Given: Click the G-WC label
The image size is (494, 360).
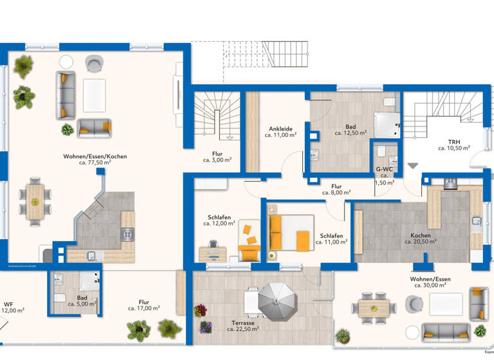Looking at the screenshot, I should tap(384, 170).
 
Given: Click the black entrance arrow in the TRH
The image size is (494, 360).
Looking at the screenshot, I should tap(412, 166).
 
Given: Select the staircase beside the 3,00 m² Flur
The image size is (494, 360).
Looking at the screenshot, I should tap(219, 116).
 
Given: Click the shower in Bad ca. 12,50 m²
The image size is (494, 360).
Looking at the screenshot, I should tap(386, 123).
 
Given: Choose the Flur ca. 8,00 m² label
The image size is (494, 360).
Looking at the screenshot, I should tap(336, 188).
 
